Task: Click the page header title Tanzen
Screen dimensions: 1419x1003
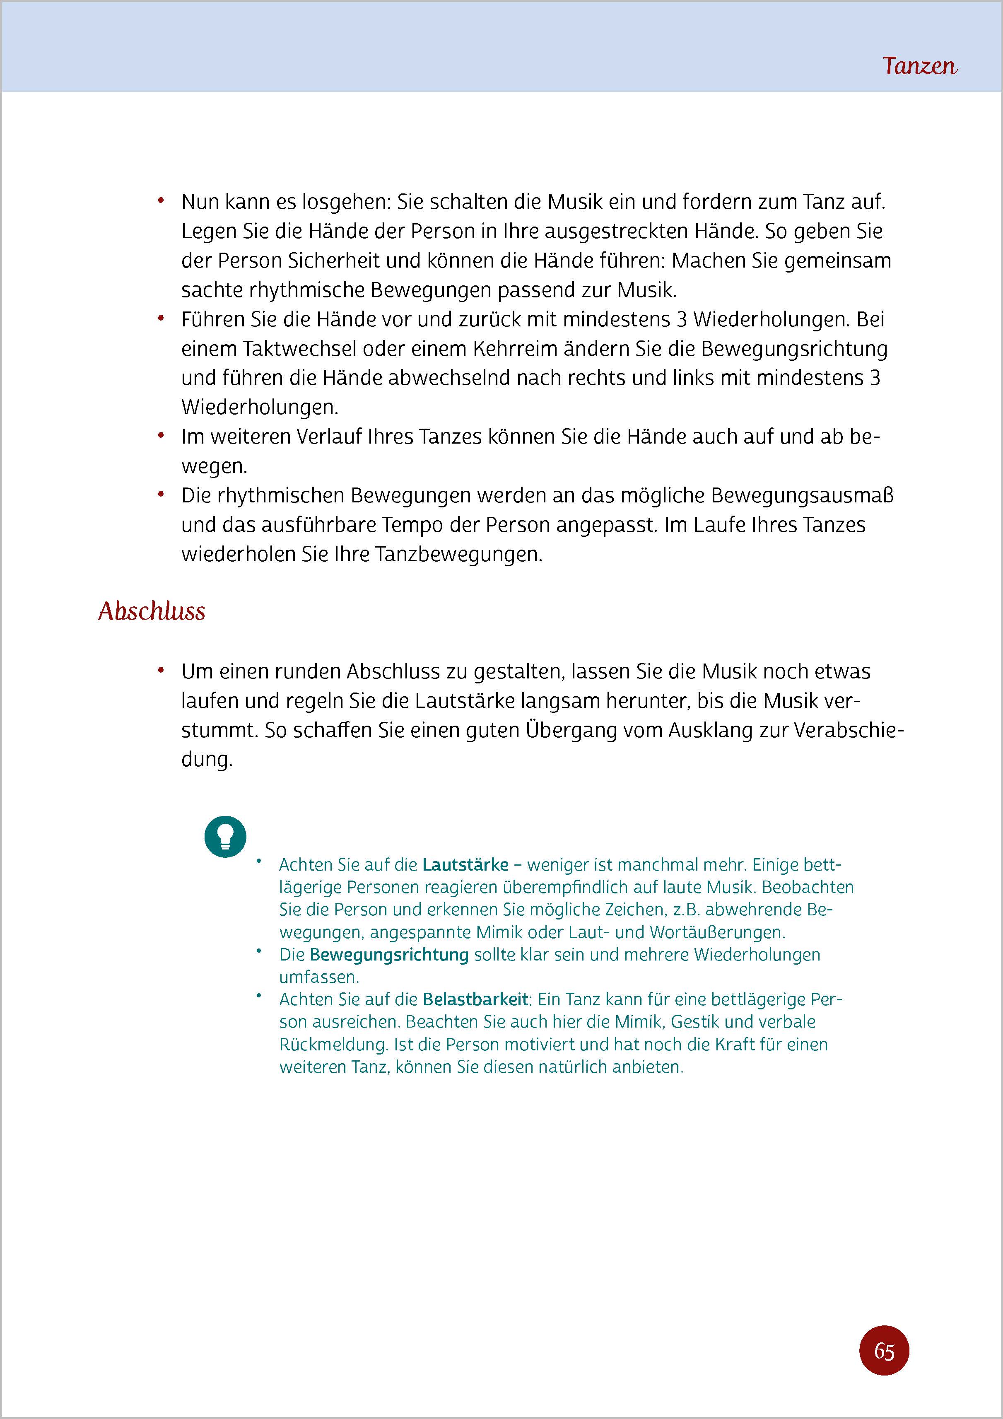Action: click(920, 65)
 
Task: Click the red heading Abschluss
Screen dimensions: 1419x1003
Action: click(152, 611)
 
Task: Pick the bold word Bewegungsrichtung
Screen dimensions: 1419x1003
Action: click(389, 954)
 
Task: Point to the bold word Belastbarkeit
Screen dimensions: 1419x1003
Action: click(476, 999)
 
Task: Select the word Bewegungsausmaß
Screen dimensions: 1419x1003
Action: click(802, 496)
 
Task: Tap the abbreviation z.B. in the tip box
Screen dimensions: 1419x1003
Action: click(682, 909)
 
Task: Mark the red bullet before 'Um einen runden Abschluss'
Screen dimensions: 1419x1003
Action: click(161, 671)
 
